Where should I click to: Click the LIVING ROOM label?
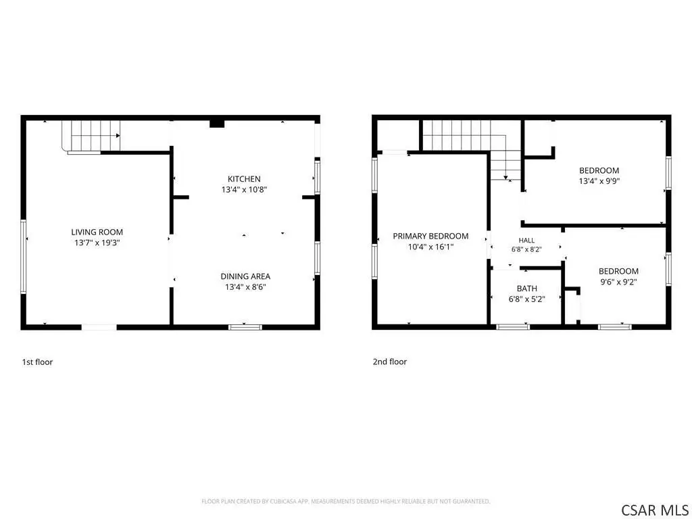97,232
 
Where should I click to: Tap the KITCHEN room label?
244,178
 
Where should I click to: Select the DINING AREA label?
245,276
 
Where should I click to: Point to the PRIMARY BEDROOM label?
430,236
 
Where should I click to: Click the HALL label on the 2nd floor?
526,241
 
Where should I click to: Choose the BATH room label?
527,289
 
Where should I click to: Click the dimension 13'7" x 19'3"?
97,243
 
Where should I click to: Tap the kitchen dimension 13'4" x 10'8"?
244,190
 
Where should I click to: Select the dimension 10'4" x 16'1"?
430,247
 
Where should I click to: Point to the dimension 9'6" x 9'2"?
618,282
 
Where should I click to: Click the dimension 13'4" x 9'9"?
599,181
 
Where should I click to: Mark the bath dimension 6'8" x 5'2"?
527,299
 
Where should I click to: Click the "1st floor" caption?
38,362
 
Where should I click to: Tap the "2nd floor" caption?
390,362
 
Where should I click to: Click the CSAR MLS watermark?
655,510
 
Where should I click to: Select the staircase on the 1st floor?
91,137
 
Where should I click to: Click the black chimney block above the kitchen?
217,123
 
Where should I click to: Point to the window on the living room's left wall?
24,256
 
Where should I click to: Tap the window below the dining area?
245,327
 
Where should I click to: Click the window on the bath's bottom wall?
513,326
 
